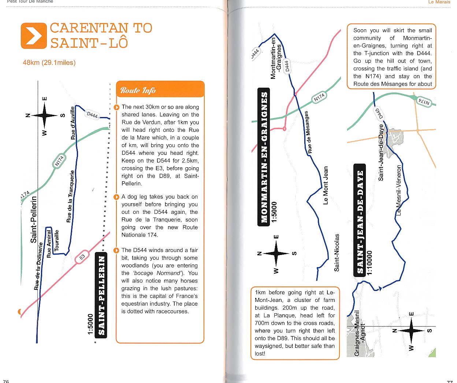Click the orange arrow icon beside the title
[x=34, y=36]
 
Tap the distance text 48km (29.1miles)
[x=49, y=63]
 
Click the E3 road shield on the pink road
[x=82, y=257]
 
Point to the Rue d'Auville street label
[x=73, y=123]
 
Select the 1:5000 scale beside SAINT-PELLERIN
[x=90, y=324]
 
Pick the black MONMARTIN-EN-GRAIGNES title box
[x=264, y=157]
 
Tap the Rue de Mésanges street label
[x=308, y=132]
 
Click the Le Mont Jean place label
[x=326, y=186]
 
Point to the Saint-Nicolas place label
[x=337, y=252]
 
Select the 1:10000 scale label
[x=369, y=263]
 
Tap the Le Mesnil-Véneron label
[x=399, y=190]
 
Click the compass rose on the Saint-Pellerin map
[x=45, y=116]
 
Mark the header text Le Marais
[x=439, y=2]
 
